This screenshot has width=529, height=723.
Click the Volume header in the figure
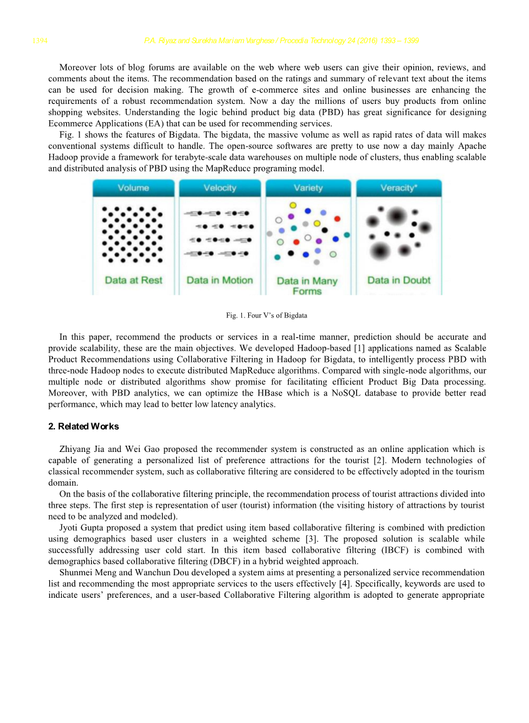coord(133,188)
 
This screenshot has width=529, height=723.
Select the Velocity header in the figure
coord(219,188)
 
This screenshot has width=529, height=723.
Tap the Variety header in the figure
coord(308,188)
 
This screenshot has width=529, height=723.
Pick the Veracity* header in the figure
coord(399,188)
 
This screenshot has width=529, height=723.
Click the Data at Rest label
coord(133,280)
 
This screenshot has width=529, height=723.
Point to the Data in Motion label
coord(219,280)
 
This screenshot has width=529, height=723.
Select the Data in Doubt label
coord(399,280)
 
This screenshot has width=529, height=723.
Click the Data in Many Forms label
coord(307,286)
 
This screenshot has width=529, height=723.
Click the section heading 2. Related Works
coord(83,426)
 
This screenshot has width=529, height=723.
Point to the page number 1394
coord(41,41)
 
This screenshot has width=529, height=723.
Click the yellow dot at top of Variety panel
coord(293,204)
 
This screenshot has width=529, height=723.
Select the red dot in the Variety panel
coord(337,218)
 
